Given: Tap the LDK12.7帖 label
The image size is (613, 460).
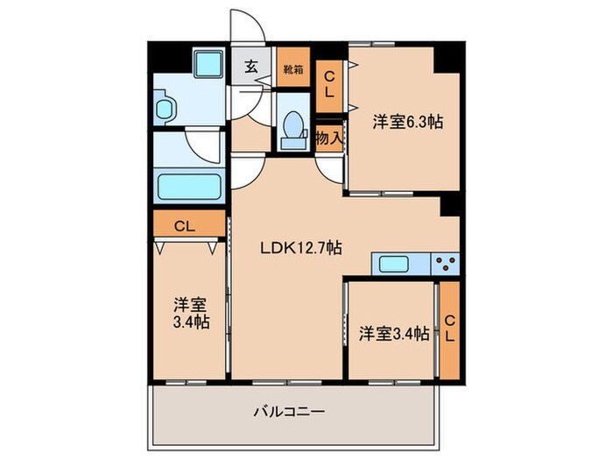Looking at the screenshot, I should click(300, 248).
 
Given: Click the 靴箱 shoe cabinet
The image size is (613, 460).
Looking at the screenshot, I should click(292, 67).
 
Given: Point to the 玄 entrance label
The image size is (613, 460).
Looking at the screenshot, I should click(250, 66).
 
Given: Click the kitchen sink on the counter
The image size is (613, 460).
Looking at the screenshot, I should click(400, 263).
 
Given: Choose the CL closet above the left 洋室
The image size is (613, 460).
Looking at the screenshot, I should click(186, 226).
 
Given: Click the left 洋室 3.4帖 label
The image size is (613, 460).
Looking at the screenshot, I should click(190, 314).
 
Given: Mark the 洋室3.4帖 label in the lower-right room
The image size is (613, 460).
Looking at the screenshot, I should click(393, 333).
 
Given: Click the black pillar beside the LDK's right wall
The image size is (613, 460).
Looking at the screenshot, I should click(450, 203).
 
